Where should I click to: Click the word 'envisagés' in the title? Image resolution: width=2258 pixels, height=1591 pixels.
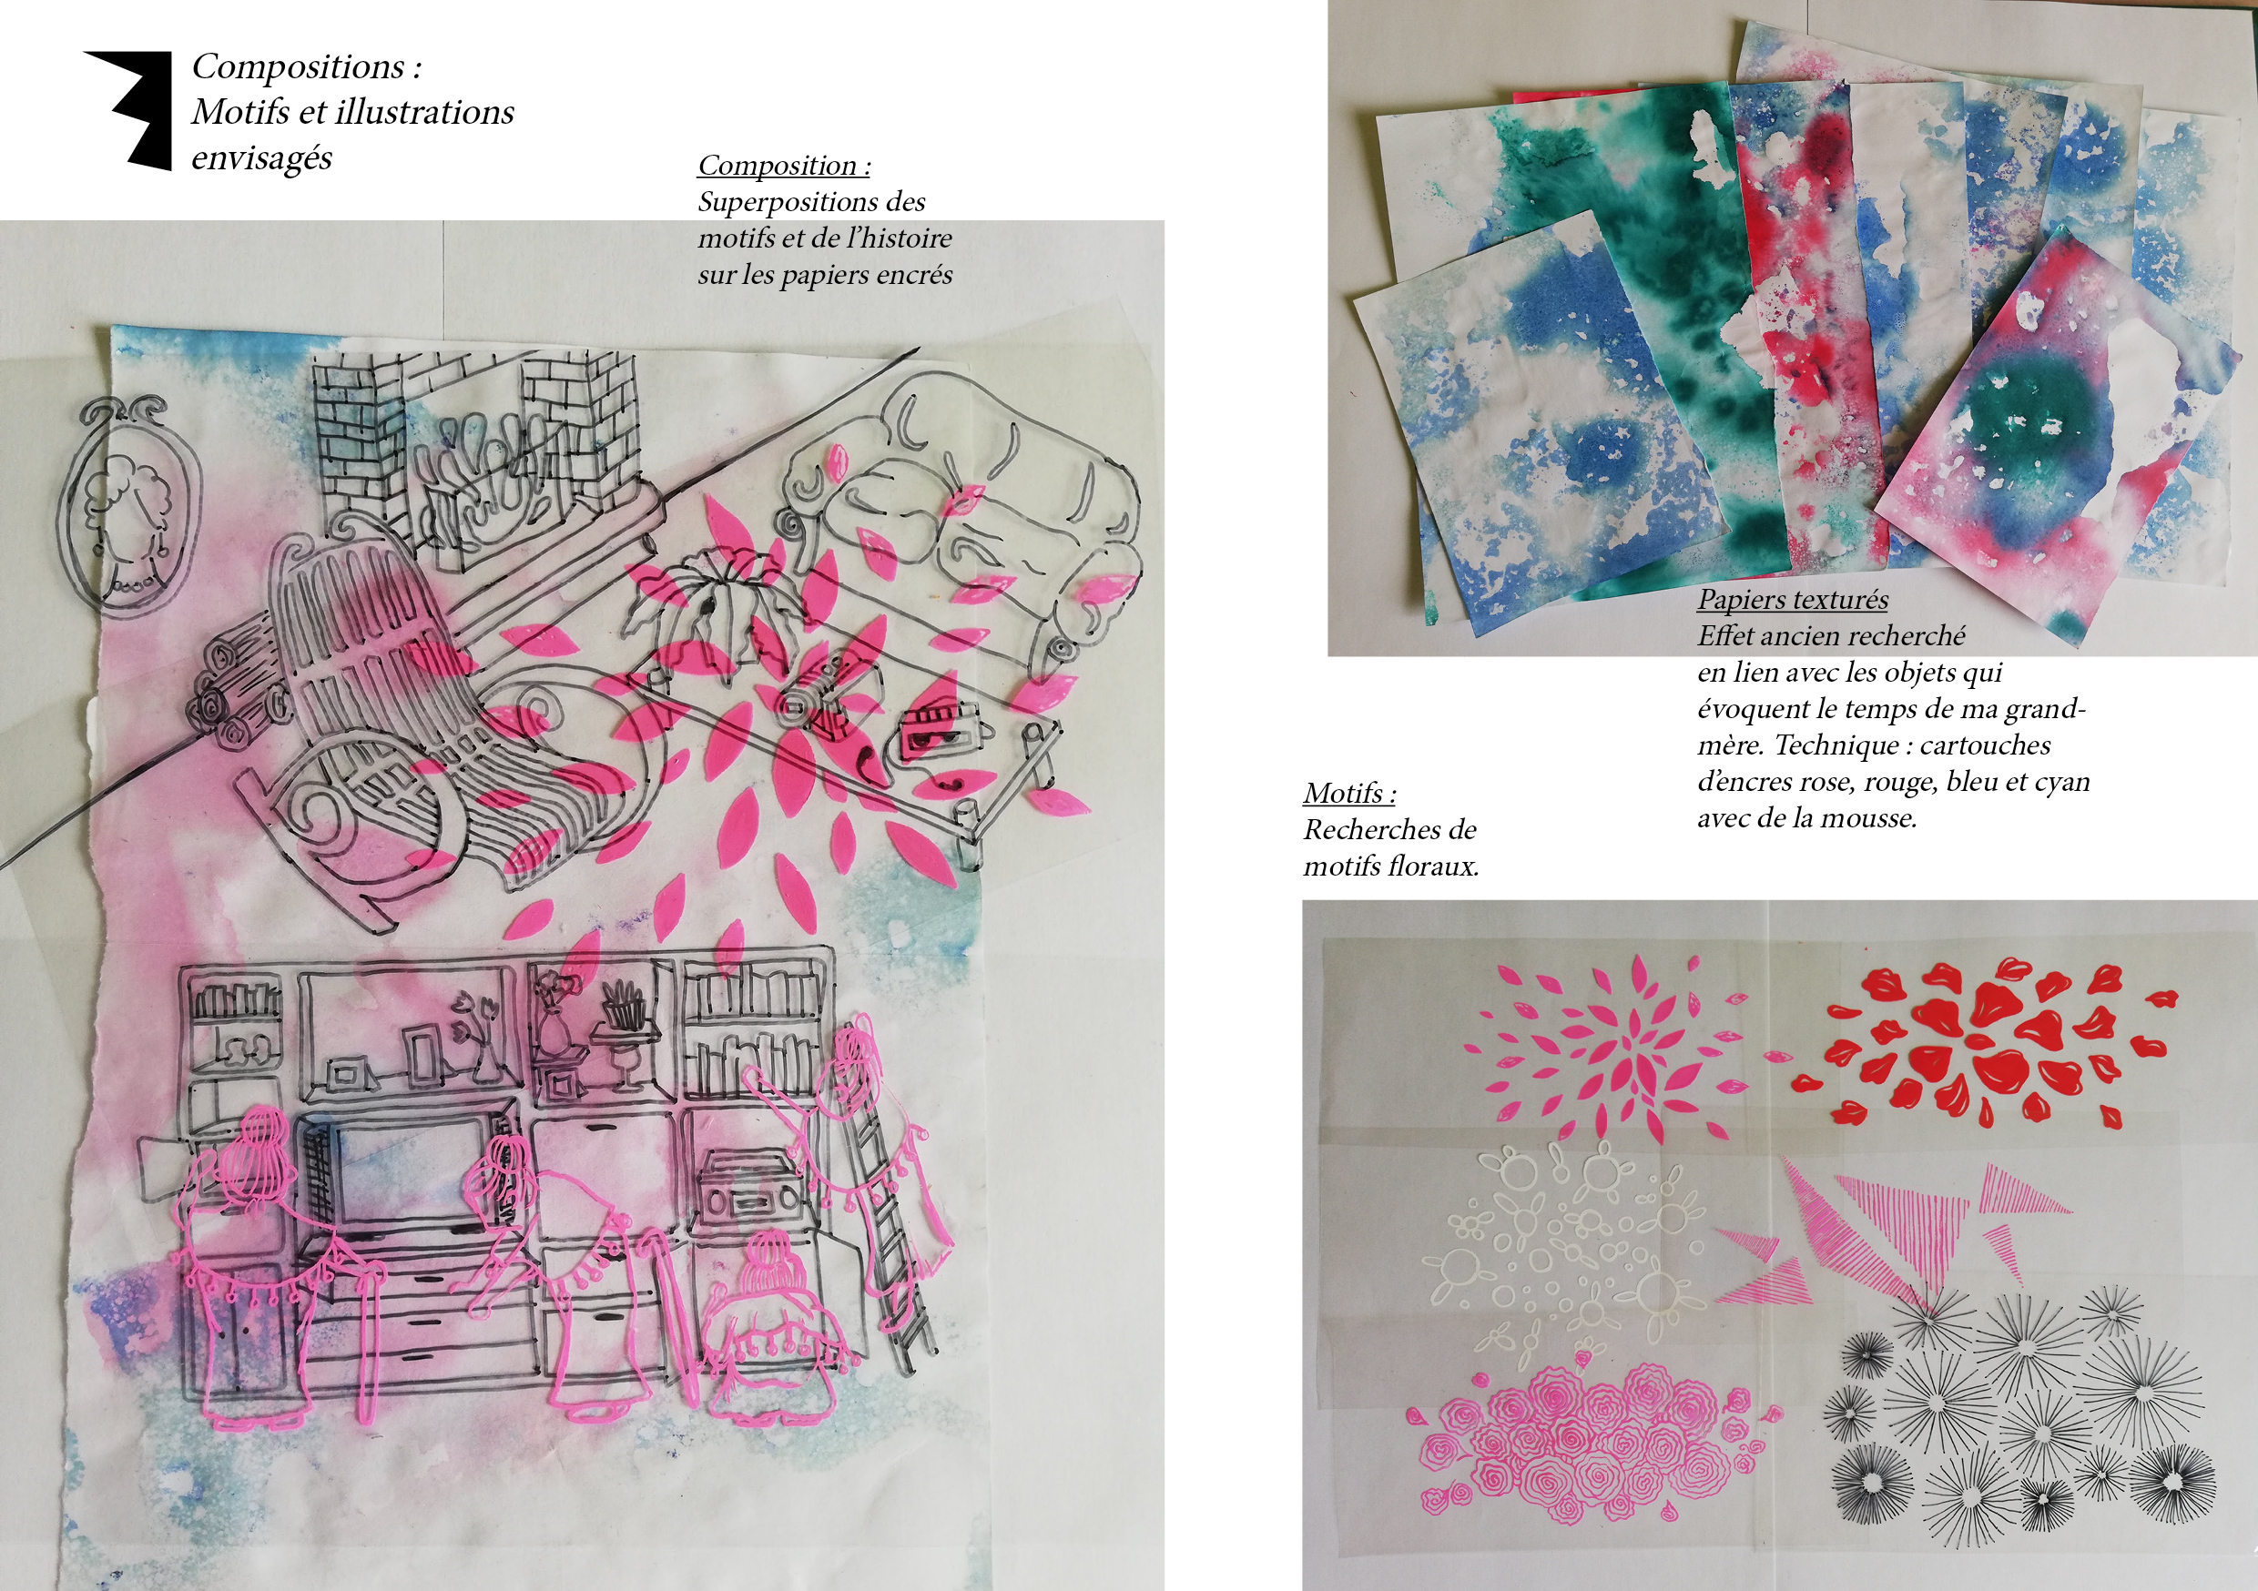261,157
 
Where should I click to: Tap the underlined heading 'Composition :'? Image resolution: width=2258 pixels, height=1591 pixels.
784,165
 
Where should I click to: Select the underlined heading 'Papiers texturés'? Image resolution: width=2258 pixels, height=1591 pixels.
1793,600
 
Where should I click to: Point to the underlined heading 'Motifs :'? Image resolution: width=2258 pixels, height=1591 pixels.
1349,793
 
